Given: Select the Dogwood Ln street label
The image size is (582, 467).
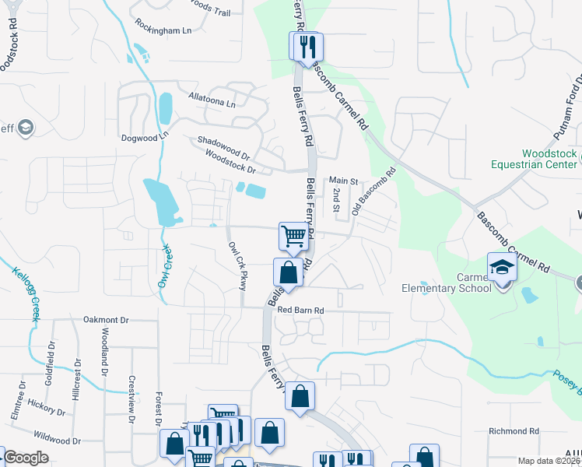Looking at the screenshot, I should pos(145,137).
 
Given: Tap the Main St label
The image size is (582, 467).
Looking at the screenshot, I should pos(342,181).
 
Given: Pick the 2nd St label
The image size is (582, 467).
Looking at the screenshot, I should pos(336,200).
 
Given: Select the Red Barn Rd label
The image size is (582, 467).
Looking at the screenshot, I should pos(300,310).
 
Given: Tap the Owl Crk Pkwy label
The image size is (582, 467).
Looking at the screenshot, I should pos(237,265).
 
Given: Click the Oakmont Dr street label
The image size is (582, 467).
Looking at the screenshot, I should pos(110,319).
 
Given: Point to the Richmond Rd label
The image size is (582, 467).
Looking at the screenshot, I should pos(514,430).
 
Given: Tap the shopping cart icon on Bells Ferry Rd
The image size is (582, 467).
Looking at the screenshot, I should pos(293,236).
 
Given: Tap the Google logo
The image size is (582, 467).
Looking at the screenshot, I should pos(26,458).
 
